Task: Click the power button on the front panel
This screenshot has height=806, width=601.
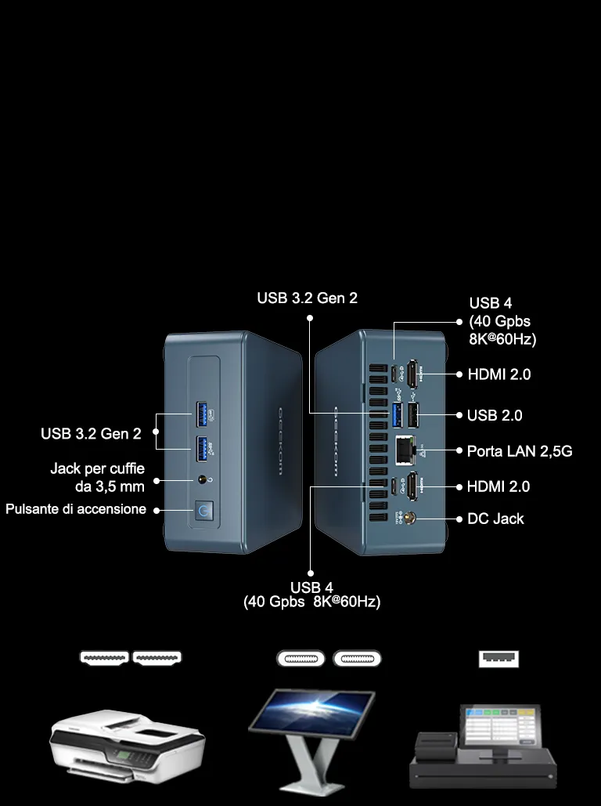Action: [204, 511]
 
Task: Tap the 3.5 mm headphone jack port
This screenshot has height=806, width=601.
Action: [203, 480]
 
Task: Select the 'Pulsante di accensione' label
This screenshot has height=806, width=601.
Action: [76, 509]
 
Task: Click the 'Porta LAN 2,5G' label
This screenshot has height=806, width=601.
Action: [520, 451]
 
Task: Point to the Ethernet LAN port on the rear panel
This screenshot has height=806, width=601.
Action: [405, 451]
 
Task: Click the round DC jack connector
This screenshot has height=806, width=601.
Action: [410, 519]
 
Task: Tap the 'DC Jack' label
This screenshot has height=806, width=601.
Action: [495, 519]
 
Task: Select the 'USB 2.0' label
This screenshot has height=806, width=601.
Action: [495, 415]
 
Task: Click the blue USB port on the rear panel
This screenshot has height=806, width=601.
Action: [397, 415]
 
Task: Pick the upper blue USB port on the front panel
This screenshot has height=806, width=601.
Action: [201, 415]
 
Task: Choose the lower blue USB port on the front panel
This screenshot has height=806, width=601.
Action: [201, 449]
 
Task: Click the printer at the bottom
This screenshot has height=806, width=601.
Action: [128, 746]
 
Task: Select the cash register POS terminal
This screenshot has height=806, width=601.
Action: [483, 746]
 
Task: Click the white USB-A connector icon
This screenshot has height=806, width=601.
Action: [498, 659]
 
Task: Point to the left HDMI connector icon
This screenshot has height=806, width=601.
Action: [104, 658]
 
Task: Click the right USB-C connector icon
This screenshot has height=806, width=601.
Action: [357, 659]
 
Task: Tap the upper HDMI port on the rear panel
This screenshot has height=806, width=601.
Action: [412, 374]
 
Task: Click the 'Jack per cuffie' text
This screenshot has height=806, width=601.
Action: [98, 468]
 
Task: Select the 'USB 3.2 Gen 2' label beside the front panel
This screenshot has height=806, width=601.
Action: [91, 434]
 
